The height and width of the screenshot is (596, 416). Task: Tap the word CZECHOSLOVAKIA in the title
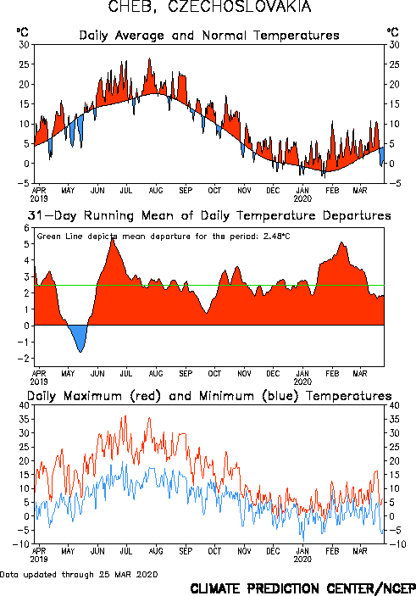[240, 7]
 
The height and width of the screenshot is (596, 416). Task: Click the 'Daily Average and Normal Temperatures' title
[209, 36]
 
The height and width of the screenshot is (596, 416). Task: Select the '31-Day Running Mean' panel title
[209, 215]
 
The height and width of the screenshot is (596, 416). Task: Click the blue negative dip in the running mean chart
[78, 337]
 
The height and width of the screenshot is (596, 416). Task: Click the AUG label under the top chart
[156, 190]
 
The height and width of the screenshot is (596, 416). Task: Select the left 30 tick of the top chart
[25, 45]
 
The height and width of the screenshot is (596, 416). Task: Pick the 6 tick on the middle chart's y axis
[26, 228]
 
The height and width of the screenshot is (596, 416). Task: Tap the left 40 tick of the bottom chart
[25, 405]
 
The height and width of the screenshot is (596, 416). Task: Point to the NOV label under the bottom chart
[244, 551]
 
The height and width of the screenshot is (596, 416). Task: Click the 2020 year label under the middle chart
[302, 382]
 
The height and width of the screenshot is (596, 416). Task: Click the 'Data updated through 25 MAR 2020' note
[79, 574]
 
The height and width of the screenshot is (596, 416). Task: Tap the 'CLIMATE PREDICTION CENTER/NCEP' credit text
[302, 588]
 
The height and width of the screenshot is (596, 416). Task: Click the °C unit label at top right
[392, 32]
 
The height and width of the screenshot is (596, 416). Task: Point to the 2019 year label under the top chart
[39, 198]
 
